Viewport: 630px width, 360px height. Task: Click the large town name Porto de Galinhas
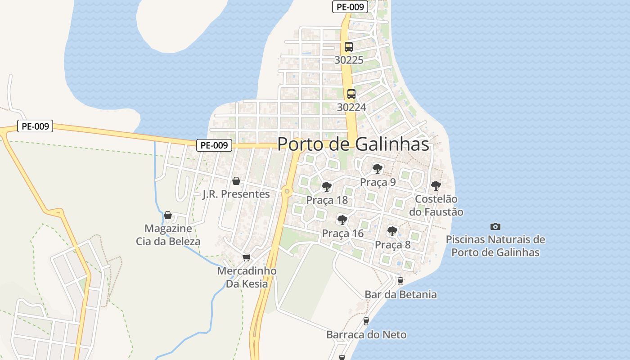(x=353, y=144)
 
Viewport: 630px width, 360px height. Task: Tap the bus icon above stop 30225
(x=349, y=46)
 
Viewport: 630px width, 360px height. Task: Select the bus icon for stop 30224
(x=351, y=94)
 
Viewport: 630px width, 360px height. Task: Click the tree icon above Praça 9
(x=378, y=169)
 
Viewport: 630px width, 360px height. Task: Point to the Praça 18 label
(x=327, y=200)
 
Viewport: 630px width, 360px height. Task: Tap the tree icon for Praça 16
(x=342, y=220)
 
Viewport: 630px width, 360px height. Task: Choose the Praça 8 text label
(x=392, y=245)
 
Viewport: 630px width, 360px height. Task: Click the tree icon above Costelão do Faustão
(x=436, y=185)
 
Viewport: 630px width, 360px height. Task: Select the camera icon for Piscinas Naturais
(x=495, y=226)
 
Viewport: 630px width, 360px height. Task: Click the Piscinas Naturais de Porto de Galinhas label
(x=495, y=246)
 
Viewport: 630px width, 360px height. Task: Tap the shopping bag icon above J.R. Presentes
(x=236, y=181)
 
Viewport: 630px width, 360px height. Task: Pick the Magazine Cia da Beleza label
(x=168, y=235)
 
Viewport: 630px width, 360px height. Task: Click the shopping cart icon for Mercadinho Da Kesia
(x=246, y=258)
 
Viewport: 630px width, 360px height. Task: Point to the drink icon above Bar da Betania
(x=400, y=281)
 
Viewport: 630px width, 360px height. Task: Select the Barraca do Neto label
(x=366, y=335)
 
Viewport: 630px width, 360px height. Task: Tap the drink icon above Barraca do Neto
(x=366, y=321)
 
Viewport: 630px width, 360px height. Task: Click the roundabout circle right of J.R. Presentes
(x=287, y=191)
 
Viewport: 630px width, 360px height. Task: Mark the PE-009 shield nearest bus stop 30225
(x=350, y=7)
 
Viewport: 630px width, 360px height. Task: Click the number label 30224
(x=351, y=107)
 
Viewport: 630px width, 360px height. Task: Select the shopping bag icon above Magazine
(x=168, y=215)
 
